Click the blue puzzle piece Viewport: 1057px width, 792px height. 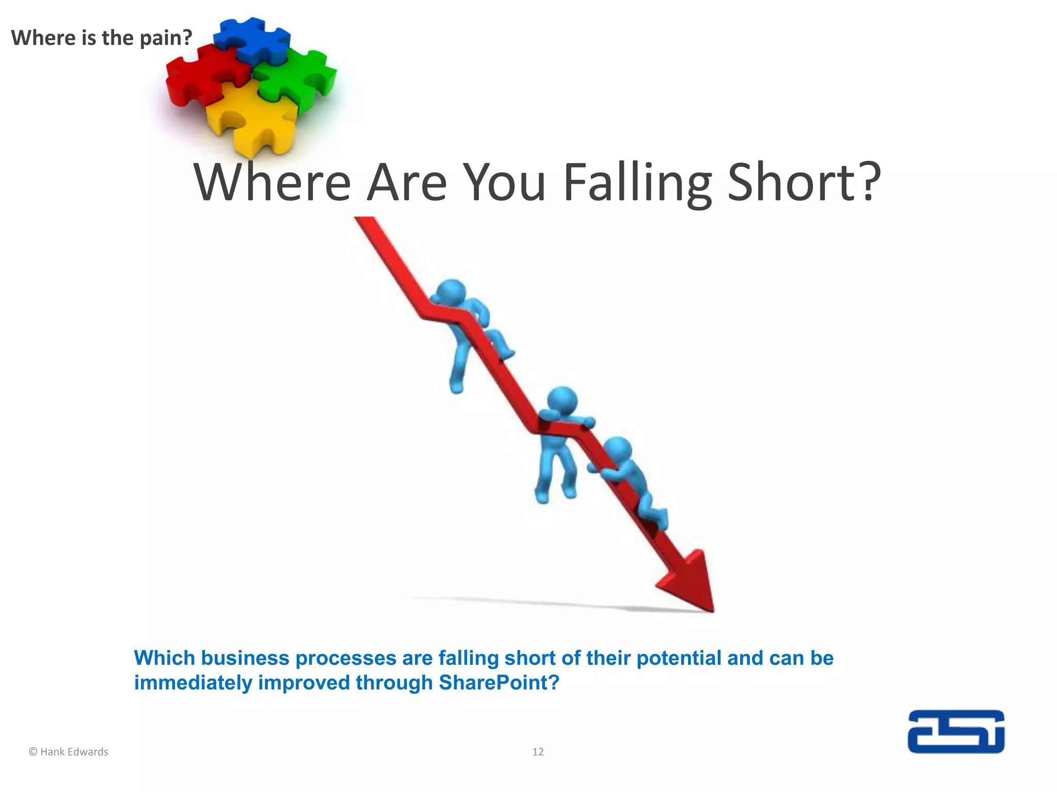pyautogui.click(x=253, y=39)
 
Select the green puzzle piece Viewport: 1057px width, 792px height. pyautogui.click(x=297, y=77)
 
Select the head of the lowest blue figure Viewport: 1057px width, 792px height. pyautogui.click(x=617, y=451)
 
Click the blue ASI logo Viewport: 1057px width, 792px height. pyautogui.click(x=956, y=732)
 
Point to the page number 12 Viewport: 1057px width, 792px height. pyautogui.click(x=538, y=752)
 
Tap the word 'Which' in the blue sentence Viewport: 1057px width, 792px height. pyautogui.click(x=165, y=658)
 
